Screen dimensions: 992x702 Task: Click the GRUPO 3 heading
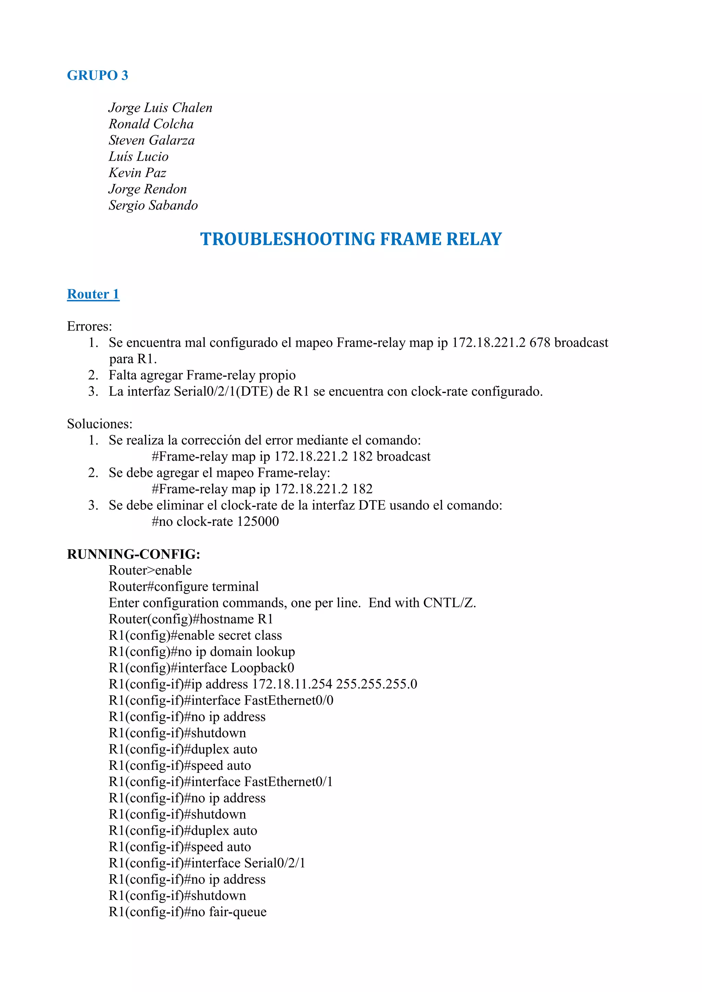(x=97, y=75)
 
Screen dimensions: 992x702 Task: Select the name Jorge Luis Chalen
(x=160, y=108)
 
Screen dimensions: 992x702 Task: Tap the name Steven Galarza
(x=151, y=140)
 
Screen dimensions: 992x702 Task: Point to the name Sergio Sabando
(x=153, y=205)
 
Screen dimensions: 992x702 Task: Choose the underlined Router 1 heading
(x=93, y=294)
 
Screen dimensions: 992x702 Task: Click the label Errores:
(x=89, y=326)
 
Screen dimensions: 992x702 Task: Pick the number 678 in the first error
(x=540, y=343)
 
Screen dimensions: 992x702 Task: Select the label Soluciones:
(x=99, y=424)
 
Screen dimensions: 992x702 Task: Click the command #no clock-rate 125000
(x=215, y=521)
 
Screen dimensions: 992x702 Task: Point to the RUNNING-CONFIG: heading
(x=134, y=554)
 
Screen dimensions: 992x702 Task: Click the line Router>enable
(x=150, y=570)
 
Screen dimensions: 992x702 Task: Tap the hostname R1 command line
(x=191, y=619)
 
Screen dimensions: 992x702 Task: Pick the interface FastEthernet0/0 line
(x=221, y=700)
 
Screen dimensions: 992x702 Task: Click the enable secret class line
(x=195, y=635)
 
